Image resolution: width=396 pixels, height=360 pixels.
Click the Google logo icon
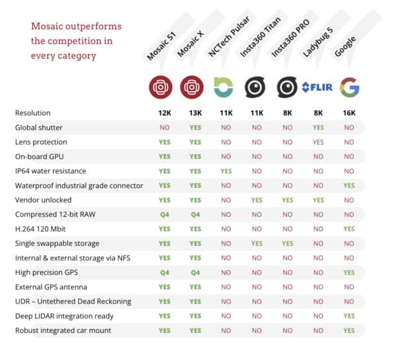click(349, 87)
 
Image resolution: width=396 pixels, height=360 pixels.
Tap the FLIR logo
click(317, 87)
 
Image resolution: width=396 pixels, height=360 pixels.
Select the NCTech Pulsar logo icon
click(224, 87)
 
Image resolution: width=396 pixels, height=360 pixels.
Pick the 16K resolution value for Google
click(349, 113)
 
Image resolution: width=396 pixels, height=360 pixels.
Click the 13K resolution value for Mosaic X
click(195, 113)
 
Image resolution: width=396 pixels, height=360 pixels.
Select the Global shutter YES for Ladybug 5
click(317, 127)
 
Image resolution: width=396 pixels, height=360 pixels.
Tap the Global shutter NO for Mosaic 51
click(164, 127)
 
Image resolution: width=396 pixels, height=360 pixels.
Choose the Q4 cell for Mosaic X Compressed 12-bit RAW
click(195, 214)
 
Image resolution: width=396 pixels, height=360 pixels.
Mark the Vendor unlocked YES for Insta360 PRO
click(287, 199)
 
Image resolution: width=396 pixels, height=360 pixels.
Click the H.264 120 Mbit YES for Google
click(349, 229)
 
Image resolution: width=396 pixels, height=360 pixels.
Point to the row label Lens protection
click(41, 142)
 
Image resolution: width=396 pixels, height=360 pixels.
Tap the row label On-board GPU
click(39, 157)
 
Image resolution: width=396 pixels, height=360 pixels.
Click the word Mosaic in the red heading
click(47, 27)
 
